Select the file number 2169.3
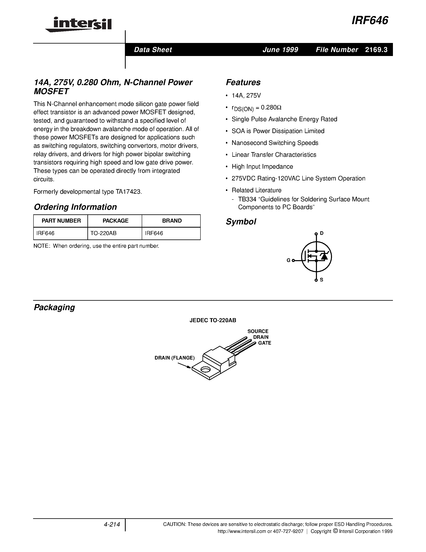pos(376,50)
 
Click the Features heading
pos(243,82)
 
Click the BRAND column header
pos(172,221)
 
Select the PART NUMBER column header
pos(61,221)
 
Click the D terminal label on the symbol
pos(322,233)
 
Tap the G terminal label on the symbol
pos(288,260)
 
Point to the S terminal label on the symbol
pos(322,280)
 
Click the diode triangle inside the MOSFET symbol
pos(324,257)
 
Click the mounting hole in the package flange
pos(206,370)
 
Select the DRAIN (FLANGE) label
pos(175,358)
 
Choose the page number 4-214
pos(111,525)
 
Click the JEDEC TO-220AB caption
pos(213,320)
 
